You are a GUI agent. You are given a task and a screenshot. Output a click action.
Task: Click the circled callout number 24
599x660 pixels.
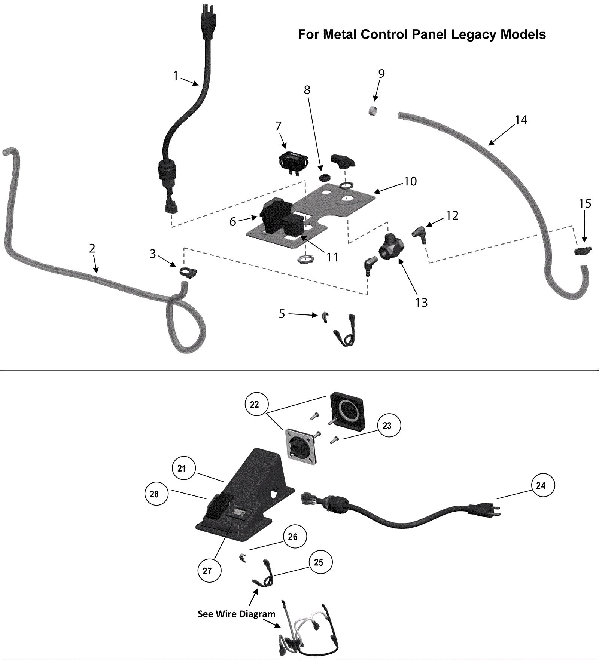(x=543, y=485)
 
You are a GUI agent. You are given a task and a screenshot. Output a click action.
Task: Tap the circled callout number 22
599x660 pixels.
(x=256, y=404)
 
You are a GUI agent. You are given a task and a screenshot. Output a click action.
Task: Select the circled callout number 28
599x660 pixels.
(x=156, y=494)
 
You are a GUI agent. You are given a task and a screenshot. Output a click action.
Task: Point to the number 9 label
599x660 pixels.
(x=381, y=74)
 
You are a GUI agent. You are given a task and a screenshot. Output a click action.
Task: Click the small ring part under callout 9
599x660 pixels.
(x=373, y=111)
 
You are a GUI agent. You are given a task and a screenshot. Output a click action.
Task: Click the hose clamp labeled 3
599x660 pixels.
(x=188, y=273)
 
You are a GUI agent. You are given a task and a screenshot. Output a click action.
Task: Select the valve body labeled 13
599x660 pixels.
(x=392, y=247)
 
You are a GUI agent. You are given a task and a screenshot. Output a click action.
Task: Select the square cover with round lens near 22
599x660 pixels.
(x=347, y=411)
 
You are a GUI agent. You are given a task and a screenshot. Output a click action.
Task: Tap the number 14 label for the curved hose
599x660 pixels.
(x=521, y=120)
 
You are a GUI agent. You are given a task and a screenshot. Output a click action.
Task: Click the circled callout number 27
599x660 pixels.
(x=209, y=571)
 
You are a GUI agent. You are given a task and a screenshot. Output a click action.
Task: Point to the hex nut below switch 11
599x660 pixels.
(x=305, y=258)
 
